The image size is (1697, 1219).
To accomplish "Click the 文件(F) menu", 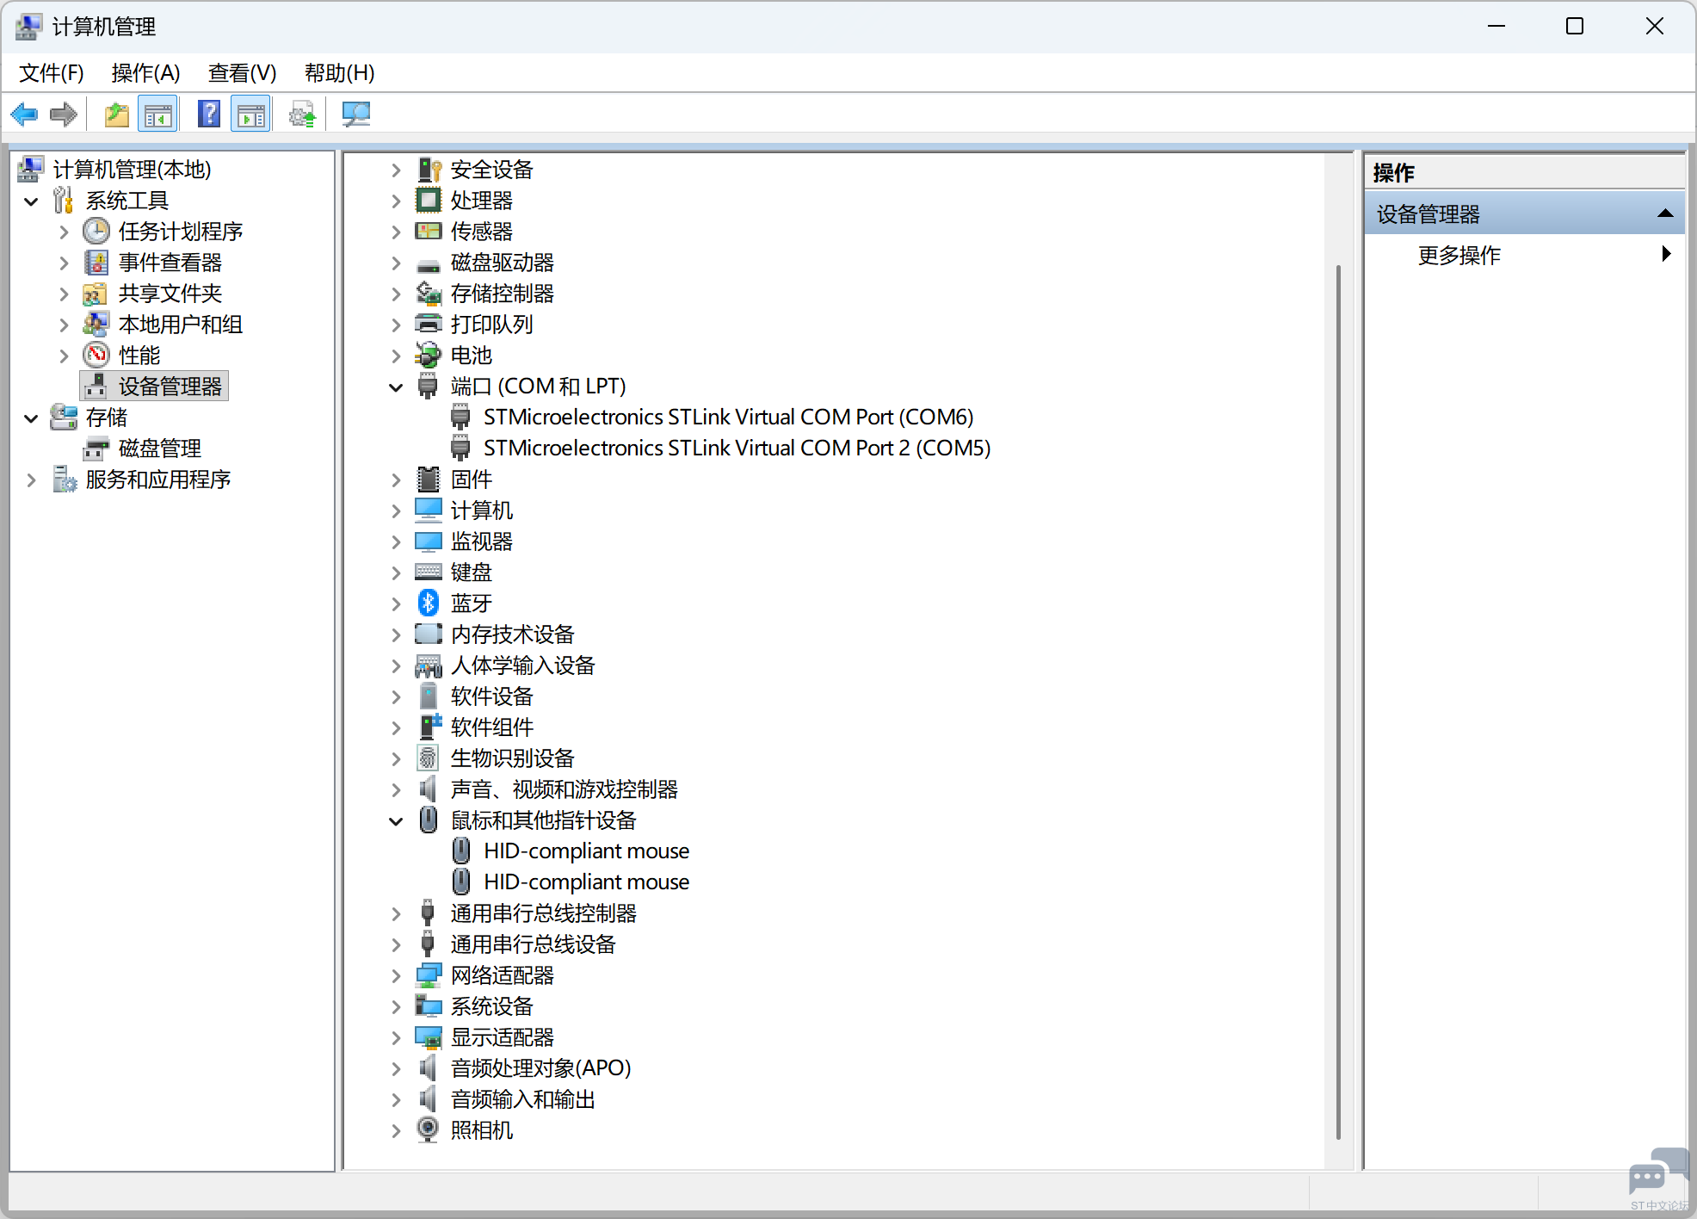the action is click(52, 73).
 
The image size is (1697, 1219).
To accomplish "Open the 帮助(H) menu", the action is click(339, 73).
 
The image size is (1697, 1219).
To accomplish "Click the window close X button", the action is click(1654, 27).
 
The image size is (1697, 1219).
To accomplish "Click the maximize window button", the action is click(1574, 27).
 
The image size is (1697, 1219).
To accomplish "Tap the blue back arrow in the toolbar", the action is click(24, 114).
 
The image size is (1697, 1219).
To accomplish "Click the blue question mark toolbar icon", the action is click(209, 114).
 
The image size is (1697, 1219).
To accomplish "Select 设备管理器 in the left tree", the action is click(170, 387).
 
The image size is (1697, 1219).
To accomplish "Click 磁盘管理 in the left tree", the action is click(159, 449).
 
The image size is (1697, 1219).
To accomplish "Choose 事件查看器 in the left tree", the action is click(170, 263).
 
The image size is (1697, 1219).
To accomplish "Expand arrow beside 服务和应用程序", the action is click(32, 480).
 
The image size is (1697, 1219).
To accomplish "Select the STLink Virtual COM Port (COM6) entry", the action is click(728, 418).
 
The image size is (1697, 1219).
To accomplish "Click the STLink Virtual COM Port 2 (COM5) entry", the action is click(737, 449).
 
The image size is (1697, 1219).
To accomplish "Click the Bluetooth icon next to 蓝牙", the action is click(428, 603).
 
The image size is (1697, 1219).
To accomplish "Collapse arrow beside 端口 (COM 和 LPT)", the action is click(396, 387).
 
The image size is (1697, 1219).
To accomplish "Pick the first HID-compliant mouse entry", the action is click(586, 851).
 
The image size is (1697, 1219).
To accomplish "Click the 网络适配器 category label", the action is click(502, 975).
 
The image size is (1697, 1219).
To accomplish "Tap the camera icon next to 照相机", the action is click(428, 1129).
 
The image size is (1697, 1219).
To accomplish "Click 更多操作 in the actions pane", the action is click(1459, 256).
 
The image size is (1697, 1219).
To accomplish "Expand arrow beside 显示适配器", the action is click(396, 1038).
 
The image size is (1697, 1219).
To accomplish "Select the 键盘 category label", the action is click(471, 572).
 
